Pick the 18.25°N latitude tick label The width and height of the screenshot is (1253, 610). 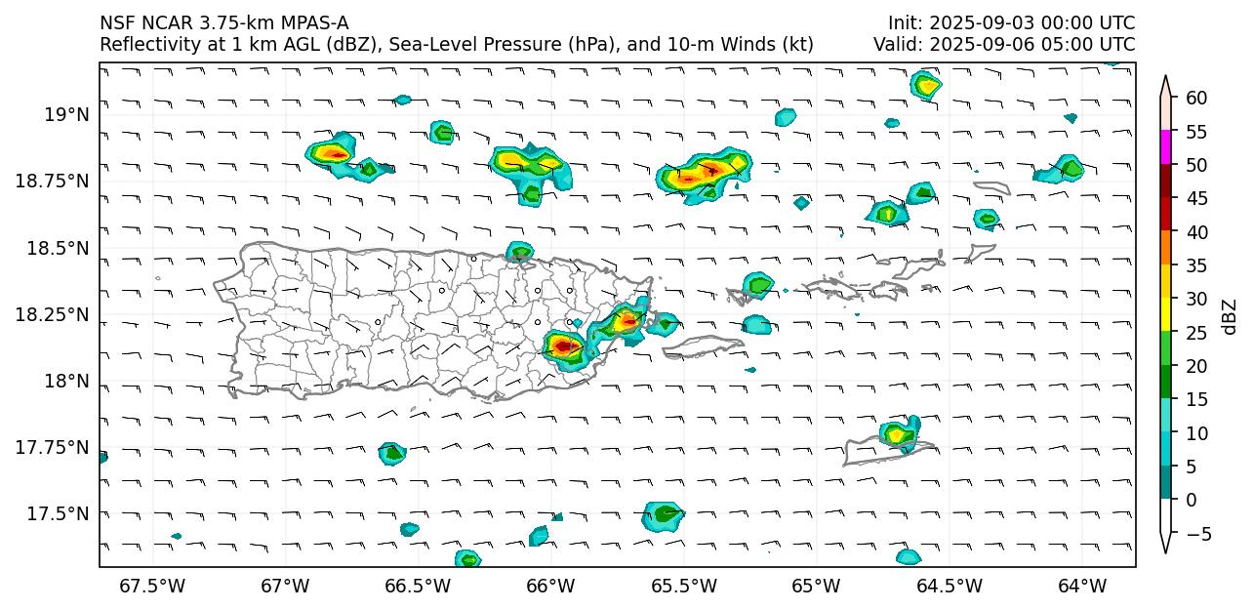(x=53, y=314)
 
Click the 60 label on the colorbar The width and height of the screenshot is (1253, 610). (x=1197, y=98)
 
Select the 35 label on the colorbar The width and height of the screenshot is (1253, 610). (x=1197, y=265)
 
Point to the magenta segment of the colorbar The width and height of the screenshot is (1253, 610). (x=1165, y=148)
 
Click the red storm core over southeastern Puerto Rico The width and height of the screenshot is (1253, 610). (x=565, y=346)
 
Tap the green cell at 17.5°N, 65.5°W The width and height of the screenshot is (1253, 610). (x=665, y=513)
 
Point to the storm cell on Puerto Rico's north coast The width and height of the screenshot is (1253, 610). (x=519, y=252)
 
